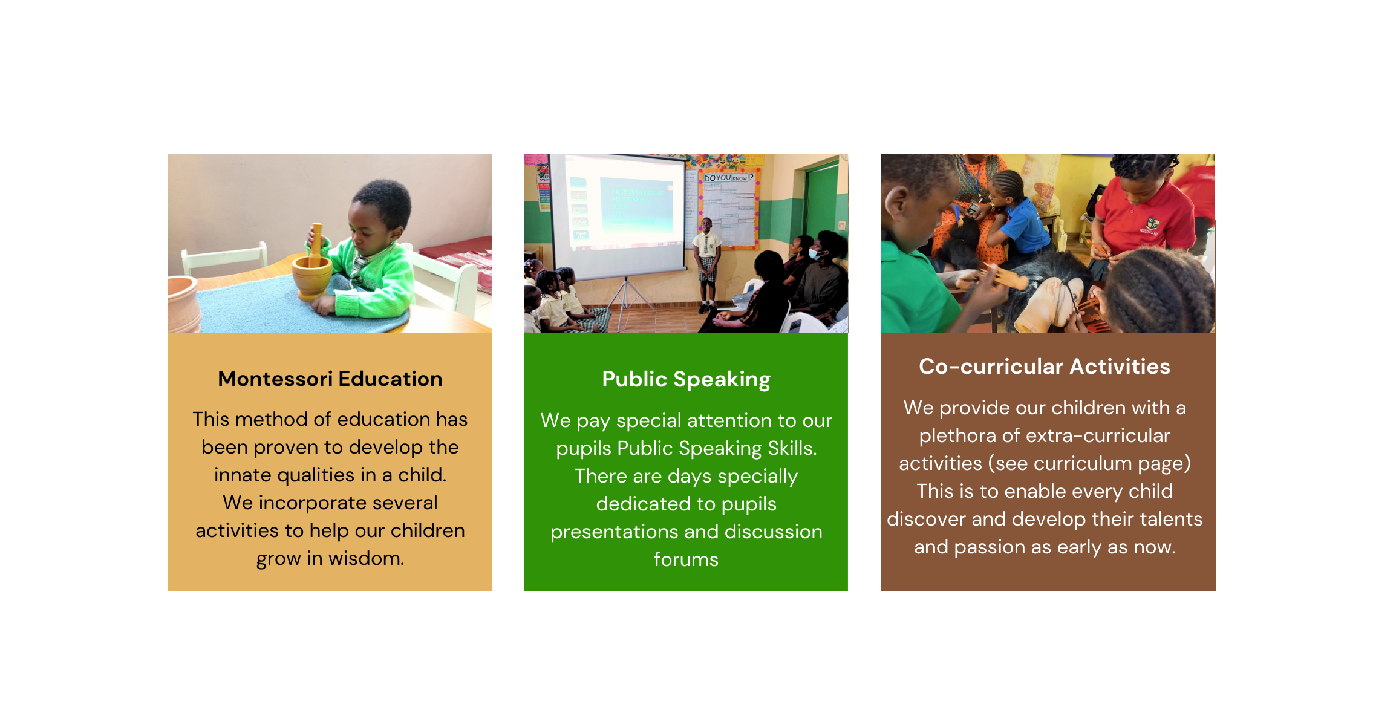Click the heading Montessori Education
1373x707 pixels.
tap(330, 379)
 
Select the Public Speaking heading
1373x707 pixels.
tap(686, 379)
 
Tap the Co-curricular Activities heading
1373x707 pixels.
tap(1045, 366)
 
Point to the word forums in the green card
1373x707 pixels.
tap(686, 559)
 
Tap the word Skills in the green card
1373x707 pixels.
tap(792, 448)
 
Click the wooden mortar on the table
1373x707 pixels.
tap(312, 278)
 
